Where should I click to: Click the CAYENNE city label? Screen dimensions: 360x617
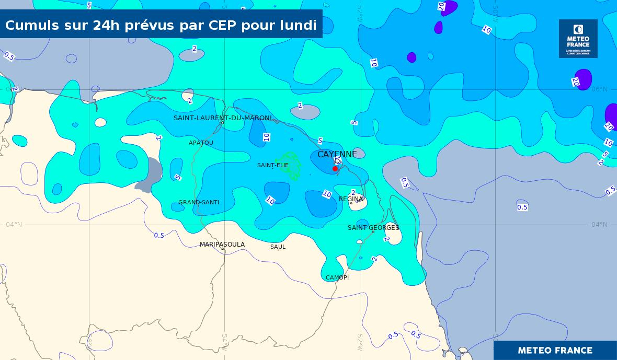pyautogui.click(x=337, y=154)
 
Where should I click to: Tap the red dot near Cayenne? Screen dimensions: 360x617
pyautogui.click(x=335, y=169)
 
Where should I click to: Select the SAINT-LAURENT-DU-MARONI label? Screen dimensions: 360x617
pyautogui.click(x=223, y=118)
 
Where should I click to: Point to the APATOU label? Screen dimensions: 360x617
pyautogui.click(x=201, y=143)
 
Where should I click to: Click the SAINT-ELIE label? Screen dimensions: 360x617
pyautogui.click(x=273, y=166)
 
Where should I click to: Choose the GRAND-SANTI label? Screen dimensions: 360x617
pyautogui.click(x=199, y=202)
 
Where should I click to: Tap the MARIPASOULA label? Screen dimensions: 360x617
pyautogui.click(x=222, y=245)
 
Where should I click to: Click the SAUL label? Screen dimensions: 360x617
pyautogui.click(x=278, y=247)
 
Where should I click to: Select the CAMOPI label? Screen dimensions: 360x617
pyautogui.click(x=337, y=277)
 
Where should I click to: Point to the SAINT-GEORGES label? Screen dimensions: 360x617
pyautogui.click(x=373, y=228)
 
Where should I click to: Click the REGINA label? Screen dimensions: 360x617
pyautogui.click(x=351, y=199)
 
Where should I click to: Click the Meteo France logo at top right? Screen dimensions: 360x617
pyautogui.click(x=578, y=39)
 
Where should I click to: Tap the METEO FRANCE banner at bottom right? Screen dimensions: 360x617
pyautogui.click(x=555, y=351)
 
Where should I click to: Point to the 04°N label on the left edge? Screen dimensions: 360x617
pyautogui.click(x=14, y=225)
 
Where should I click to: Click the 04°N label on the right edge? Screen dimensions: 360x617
pyautogui.click(x=599, y=225)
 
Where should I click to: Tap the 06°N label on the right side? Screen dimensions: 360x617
pyautogui.click(x=600, y=89)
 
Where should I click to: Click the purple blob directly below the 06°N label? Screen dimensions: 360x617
pyautogui.click(x=611, y=116)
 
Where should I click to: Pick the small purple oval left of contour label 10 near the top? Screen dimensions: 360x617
pyautogui.click(x=438, y=27)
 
